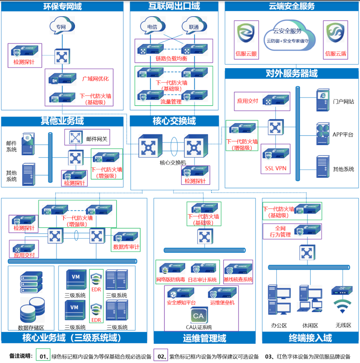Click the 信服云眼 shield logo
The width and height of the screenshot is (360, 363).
246,33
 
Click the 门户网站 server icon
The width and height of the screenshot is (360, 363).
322,101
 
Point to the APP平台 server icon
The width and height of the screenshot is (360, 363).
322,134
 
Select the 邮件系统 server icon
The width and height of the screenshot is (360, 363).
28,144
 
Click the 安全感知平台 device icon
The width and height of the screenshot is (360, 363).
181,293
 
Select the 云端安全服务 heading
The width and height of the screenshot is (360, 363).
291,6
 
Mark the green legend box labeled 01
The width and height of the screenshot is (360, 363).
43,356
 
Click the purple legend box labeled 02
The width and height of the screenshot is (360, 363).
161,356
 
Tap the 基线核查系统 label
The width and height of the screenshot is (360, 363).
238,280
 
